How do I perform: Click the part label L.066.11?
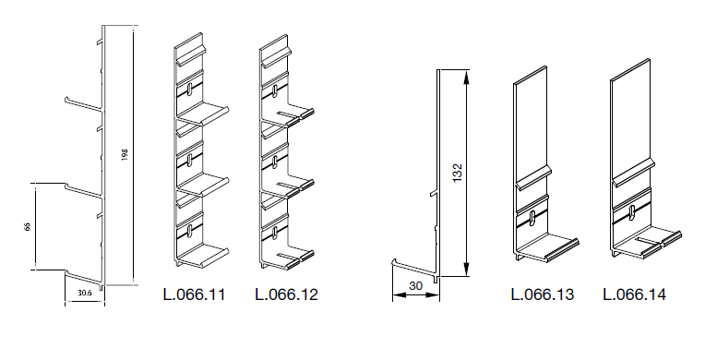195,294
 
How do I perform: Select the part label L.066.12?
286,294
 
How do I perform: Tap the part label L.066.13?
542,294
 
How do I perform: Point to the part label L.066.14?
634,294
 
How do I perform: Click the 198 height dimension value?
125,154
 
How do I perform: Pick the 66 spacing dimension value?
27,226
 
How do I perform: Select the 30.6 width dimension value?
85,294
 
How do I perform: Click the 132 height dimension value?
458,173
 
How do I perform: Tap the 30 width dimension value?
415,286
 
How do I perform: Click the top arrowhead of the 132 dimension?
466,77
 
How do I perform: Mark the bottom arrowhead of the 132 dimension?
466,270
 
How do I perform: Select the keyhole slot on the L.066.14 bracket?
632,211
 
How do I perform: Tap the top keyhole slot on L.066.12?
275,90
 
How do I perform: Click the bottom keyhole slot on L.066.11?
189,231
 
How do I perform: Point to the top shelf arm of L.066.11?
203,114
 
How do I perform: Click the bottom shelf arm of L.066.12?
289,258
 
